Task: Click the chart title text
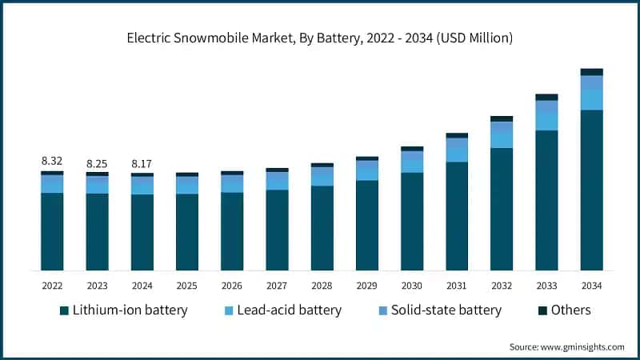pos(320,38)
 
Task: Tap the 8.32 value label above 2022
pos(52,161)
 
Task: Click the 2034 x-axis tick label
pos(591,286)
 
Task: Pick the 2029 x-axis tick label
pos(367,286)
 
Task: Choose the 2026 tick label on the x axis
pos(232,286)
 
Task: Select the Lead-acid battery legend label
pos(289,310)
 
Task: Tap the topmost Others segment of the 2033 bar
pos(546,97)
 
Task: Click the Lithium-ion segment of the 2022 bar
pos(52,232)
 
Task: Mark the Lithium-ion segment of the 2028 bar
pos(322,228)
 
